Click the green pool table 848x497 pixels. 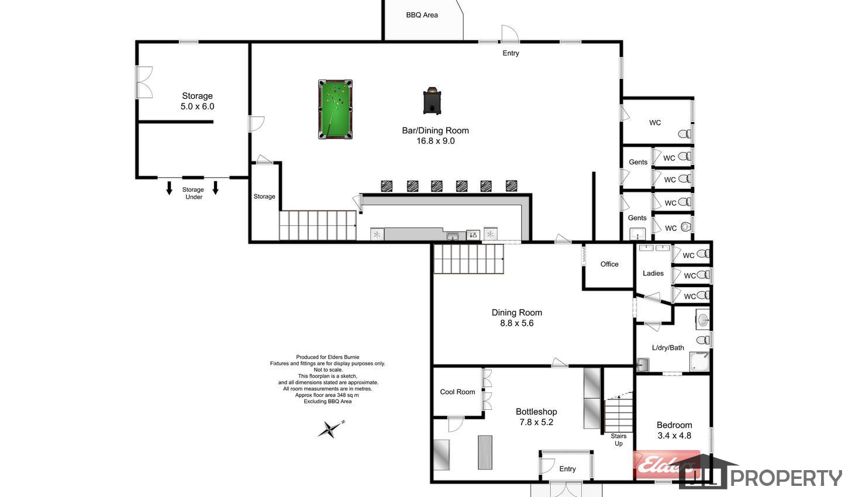coord(335,109)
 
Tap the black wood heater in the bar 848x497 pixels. coord(432,101)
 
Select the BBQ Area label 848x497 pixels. coord(422,15)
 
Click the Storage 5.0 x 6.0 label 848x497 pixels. coord(197,101)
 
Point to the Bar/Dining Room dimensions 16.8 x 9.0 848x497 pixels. coord(435,141)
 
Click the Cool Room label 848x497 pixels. coord(457,392)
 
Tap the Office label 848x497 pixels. coord(609,264)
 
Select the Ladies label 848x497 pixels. coord(653,273)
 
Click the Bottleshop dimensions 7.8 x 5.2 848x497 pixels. coord(536,422)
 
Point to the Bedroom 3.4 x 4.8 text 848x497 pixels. coord(674,430)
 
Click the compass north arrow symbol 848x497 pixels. coord(331,429)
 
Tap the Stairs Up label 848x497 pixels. coord(619,440)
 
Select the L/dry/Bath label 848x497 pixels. coord(668,347)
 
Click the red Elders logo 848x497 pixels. coord(666,464)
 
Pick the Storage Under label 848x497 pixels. coord(193,193)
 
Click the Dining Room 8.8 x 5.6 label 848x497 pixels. coord(517,318)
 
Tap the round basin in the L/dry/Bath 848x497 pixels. coord(703,320)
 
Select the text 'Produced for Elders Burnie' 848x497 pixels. coord(328,357)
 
